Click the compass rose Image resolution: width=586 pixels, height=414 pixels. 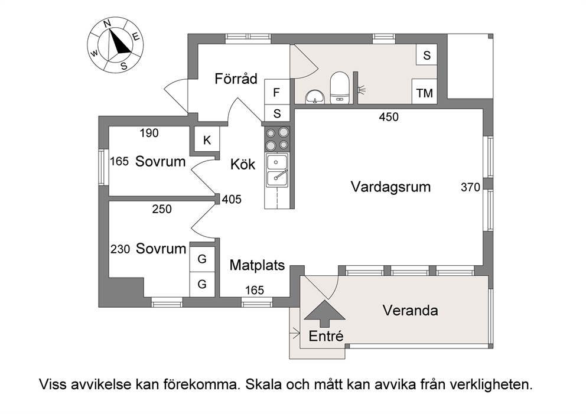click(x=115, y=45)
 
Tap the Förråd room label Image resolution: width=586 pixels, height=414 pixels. click(x=236, y=79)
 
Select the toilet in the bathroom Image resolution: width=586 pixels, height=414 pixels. click(x=339, y=87)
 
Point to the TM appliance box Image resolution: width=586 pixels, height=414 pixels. click(x=424, y=91)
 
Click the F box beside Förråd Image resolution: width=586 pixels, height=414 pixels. click(x=276, y=92)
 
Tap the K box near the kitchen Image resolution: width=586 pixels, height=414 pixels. click(x=207, y=140)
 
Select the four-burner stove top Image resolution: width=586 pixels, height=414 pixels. click(x=277, y=139)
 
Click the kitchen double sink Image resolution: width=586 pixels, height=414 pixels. click(x=276, y=170)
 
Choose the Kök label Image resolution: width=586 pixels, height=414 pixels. click(x=243, y=164)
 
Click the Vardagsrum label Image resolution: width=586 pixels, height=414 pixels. click(x=390, y=187)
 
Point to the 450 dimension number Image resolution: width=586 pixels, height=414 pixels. click(x=389, y=117)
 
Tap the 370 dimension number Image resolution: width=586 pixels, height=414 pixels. click(x=470, y=187)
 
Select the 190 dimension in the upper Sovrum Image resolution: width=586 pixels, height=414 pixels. click(x=149, y=133)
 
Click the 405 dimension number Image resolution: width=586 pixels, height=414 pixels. click(x=232, y=200)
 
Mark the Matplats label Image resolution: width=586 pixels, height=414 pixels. click(x=257, y=265)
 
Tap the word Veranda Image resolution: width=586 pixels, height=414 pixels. click(x=410, y=310)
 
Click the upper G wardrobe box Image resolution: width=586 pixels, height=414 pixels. click(x=202, y=259)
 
